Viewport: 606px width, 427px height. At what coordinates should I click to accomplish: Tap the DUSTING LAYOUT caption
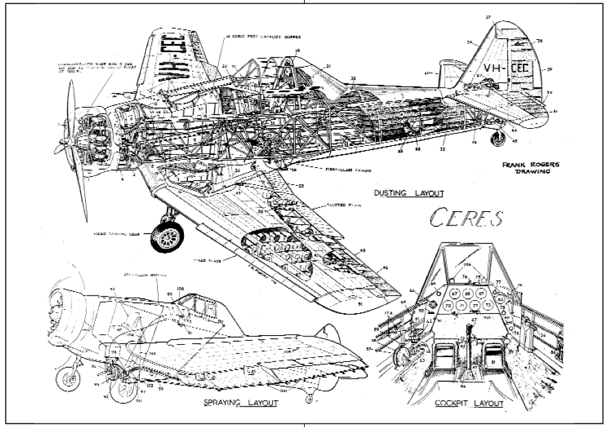408,193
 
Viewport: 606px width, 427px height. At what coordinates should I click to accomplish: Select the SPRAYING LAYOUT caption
240,402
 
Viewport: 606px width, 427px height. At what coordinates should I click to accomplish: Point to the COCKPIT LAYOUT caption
469,404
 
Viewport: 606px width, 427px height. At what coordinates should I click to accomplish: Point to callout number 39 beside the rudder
549,70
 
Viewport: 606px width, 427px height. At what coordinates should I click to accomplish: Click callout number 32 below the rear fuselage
443,148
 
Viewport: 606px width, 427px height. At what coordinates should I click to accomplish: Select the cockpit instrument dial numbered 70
447,306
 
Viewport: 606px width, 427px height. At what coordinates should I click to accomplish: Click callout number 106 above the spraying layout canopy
181,288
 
